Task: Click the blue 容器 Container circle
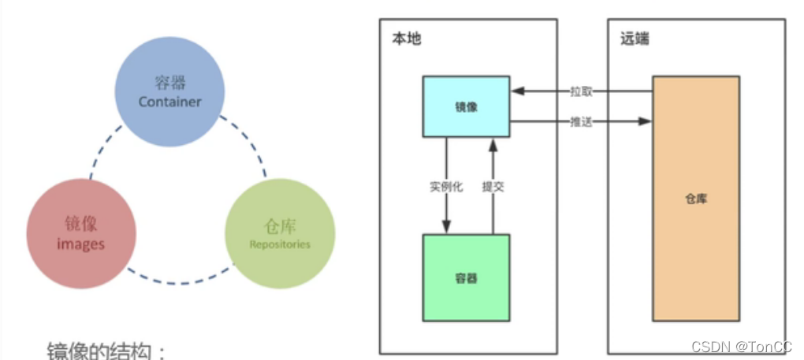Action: [169, 91]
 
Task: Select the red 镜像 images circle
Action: [81, 234]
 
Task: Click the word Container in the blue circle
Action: [169, 102]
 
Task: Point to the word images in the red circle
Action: [80, 244]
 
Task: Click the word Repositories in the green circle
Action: [280, 244]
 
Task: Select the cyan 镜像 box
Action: [466, 106]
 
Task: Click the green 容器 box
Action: [466, 277]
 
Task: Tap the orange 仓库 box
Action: [695, 198]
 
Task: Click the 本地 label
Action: [407, 39]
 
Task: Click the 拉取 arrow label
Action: [581, 91]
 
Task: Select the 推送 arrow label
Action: [581, 121]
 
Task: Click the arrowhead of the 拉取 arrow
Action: [516, 91]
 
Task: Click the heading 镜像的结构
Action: [107, 350]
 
